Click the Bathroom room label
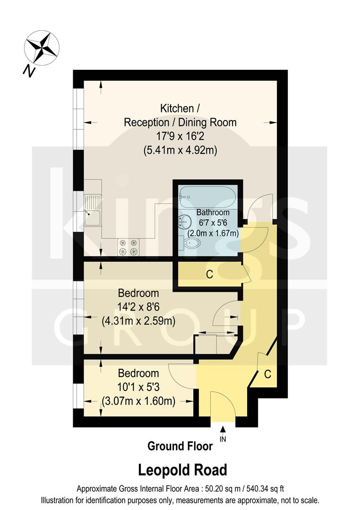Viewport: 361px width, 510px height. point(213,212)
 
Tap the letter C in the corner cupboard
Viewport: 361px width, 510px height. point(267,374)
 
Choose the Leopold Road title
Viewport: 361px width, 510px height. point(182,470)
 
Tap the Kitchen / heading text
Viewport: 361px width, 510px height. point(180,109)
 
